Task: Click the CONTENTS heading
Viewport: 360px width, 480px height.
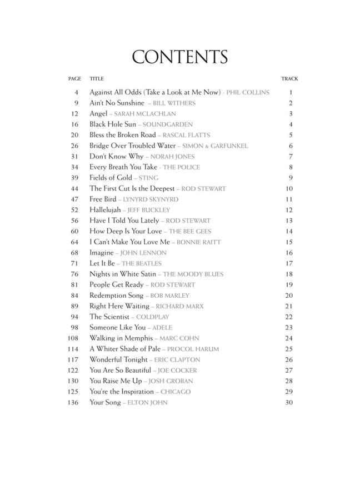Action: [x=180, y=57]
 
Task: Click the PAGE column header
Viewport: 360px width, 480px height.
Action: [x=74, y=79]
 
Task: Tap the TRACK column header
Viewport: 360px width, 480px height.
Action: [x=289, y=79]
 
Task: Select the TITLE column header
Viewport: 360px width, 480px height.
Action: [x=97, y=79]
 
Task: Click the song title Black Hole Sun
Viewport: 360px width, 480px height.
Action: [x=113, y=124]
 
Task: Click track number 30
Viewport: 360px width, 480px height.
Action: [x=288, y=402]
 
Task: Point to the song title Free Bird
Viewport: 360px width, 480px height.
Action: [x=103, y=199]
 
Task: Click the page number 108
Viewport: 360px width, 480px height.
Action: [x=73, y=338]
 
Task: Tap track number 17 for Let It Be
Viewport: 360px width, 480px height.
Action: [x=288, y=263]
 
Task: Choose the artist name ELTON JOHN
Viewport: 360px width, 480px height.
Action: [x=147, y=402]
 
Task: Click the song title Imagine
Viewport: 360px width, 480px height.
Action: [x=102, y=253]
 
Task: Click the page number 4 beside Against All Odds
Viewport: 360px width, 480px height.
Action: [x=77, y=92]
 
